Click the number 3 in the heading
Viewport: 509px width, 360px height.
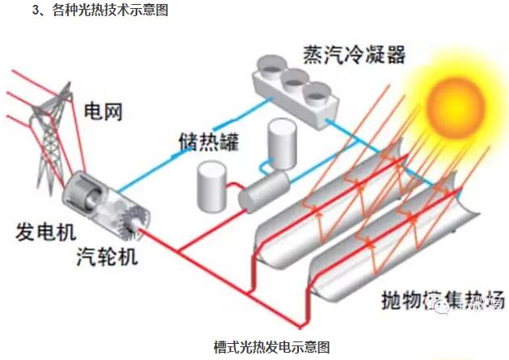click(x=34, y=11)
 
